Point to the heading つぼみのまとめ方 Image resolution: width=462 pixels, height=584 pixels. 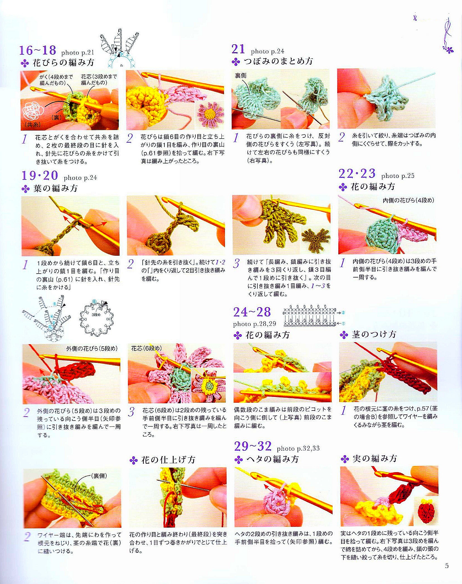(278, 61)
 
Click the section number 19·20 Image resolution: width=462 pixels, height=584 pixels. (40, 175)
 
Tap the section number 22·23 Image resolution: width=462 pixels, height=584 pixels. (357, 174)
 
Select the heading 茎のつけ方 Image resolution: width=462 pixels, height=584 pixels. (374, 334)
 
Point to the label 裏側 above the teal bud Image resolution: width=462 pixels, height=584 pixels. (241, 75)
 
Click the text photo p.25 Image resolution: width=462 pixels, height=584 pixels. (398, 176)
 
